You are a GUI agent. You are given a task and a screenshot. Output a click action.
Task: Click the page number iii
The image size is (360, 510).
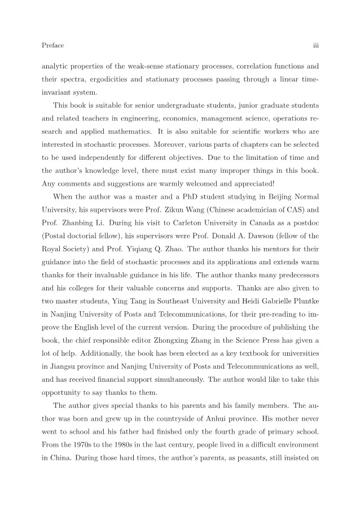tap(315, 45)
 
